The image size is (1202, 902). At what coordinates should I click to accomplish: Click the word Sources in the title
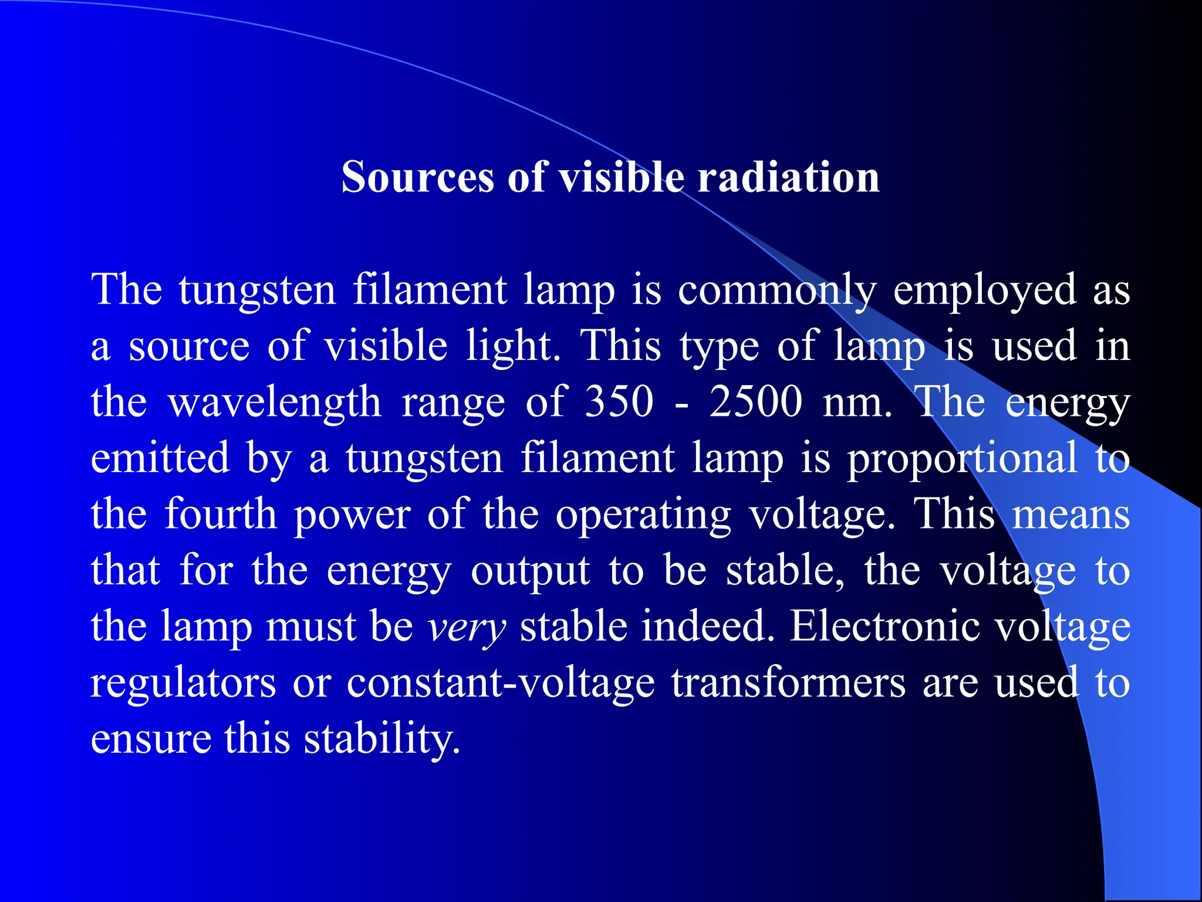[x=418, y=177]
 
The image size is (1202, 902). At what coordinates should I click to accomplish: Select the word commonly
[x=777, y=290]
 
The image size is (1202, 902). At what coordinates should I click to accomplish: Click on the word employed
[x=984, y=290]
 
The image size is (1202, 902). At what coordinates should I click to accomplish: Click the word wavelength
[x=275, y=403]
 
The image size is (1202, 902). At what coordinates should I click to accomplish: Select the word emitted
[x=160, y=458]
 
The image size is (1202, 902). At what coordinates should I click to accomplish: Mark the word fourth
[x=220, y=514]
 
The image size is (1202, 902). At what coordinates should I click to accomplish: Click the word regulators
[x=183, y=684]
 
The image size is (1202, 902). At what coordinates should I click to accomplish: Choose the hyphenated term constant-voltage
[x=500, y=684]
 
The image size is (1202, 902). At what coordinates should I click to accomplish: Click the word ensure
[x=151, y=739]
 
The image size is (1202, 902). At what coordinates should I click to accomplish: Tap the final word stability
[x=381, y=739]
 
